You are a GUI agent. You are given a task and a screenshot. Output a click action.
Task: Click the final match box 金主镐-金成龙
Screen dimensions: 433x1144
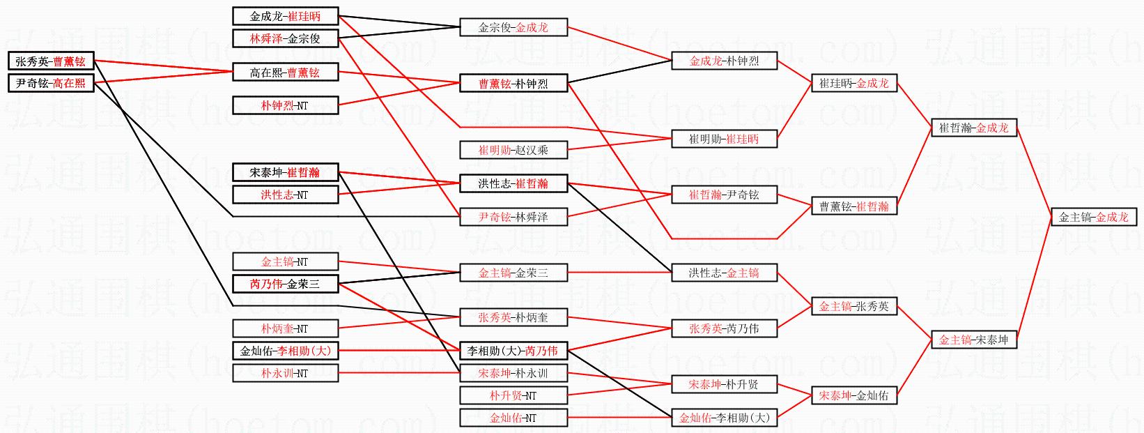coord(1094,217)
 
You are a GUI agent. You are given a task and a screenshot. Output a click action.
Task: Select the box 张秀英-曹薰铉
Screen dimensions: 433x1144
coord(51,61)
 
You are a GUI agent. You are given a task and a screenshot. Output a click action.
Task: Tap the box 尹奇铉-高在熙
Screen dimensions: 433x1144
coord(51,83)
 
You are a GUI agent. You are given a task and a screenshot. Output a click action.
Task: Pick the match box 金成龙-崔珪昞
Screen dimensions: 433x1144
coord(286,16)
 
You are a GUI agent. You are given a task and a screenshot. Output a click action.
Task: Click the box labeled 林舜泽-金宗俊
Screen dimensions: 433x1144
coord(286,38)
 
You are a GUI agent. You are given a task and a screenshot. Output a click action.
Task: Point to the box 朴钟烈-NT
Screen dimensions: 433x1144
coord(286,105)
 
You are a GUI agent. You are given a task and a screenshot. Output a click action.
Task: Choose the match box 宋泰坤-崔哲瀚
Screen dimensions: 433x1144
coord(286,172)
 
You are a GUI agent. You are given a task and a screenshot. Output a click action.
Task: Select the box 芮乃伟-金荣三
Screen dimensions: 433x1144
coord(286,284)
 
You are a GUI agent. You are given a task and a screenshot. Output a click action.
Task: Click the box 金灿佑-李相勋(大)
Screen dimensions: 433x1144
coord(286,351)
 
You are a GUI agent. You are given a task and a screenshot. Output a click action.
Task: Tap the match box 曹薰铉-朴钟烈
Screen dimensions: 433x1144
coord(513,84)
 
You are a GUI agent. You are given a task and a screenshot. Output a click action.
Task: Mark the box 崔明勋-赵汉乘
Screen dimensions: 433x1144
coord(513,150)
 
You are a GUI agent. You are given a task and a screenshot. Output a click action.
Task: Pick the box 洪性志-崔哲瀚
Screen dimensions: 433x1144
coord(513,183)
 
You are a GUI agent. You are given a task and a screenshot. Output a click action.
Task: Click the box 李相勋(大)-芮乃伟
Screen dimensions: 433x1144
coord(513,351)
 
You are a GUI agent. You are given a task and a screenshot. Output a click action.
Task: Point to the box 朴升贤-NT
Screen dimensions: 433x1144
coord(513,395)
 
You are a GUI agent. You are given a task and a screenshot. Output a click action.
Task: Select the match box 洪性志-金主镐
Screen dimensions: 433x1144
coord(724,273)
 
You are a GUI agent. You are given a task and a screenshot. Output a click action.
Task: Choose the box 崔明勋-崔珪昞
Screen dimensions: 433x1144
coord(724,139)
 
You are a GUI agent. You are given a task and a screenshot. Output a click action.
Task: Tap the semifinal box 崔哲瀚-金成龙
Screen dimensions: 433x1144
coord(974,128)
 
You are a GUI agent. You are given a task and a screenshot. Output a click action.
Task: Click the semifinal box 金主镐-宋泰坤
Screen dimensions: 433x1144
coord(974,340)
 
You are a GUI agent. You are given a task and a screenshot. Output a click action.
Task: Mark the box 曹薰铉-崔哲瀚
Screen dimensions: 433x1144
coord(854,206)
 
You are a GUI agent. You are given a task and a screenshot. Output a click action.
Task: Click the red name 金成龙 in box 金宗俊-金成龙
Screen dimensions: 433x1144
coord(532,28)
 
